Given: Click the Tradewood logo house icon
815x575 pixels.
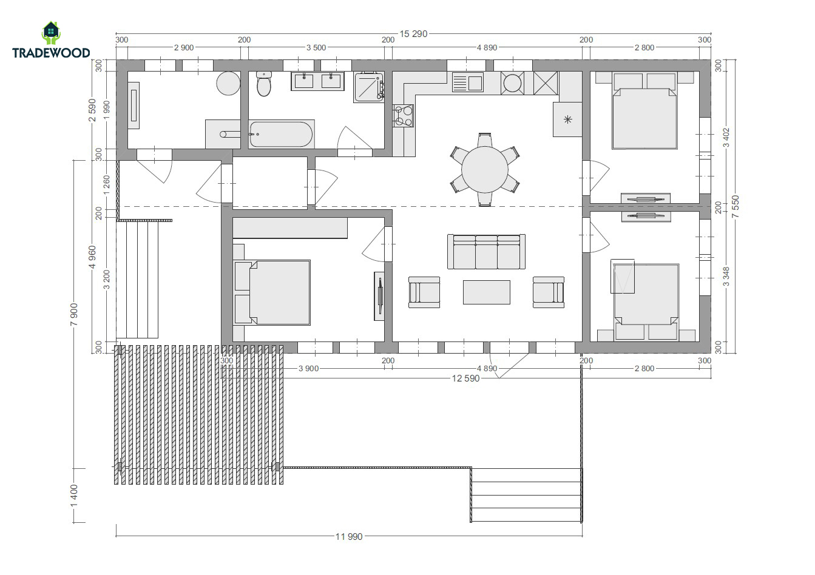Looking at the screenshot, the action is tap(51, 33).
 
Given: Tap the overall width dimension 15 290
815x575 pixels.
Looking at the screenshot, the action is tap(413, 34).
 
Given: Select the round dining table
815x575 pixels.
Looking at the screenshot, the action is tap(485, 169).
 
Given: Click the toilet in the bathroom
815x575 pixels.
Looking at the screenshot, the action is tap(264, 84).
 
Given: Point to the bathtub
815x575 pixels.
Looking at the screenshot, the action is tap(281, 134).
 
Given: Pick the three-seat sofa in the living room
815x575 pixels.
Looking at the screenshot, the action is tap(486, 252).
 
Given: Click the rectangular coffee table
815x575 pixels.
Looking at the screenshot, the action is tap(487, 292).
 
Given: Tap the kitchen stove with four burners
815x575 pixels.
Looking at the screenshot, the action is tap(403, 116).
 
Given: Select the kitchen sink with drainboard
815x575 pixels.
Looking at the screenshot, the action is tap(467, 82).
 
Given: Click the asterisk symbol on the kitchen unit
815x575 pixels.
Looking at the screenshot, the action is tap(567, 119).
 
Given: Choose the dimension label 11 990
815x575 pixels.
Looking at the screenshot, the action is tap(349, 537).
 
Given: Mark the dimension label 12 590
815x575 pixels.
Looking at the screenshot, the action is tap(465, 378).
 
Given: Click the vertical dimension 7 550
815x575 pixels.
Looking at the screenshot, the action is tap(736, 207).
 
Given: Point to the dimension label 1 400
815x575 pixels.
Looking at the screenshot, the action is tap(74, 496).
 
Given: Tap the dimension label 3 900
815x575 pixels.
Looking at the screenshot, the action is tap(308, 368).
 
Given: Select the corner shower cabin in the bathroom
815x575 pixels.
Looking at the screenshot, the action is tap(368, 87).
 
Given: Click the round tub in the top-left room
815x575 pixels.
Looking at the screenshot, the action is tap(229, 83).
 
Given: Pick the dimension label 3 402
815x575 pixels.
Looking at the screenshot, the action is tap(726, 138).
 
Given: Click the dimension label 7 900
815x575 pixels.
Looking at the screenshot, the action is tap(74, 315).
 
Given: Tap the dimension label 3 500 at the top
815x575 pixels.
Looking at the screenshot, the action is tap(316, 48).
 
